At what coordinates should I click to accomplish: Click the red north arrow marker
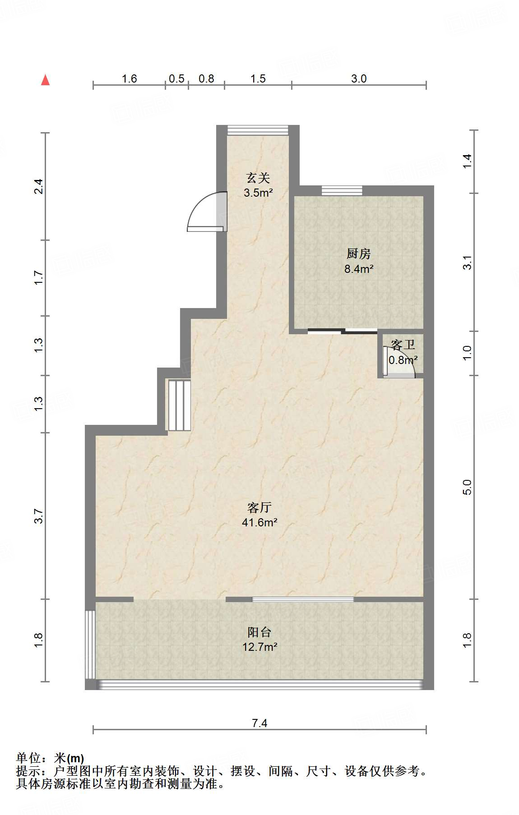(45, 80)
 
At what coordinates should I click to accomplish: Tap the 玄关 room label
(258, 178)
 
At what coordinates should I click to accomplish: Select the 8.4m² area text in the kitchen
(358, 269)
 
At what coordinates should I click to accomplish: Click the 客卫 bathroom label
(403, 345)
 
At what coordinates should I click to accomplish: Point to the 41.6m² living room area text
(259, 523)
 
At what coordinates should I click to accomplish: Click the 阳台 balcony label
(259, 632)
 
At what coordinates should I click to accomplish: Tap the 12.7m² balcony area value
(259, 647)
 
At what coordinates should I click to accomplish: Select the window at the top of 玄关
(257, 130)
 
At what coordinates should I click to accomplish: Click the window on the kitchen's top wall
(342, 191)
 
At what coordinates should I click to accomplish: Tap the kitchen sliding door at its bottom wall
(342, 332)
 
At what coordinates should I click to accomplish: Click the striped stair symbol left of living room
(180, 405)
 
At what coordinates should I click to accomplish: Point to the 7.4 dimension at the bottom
(259, 723)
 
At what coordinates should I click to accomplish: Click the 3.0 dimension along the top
(359, 79)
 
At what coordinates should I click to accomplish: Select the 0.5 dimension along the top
(176, 79)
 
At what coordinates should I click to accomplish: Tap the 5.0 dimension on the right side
(467, 487)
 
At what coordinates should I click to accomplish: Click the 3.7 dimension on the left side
(39, 516)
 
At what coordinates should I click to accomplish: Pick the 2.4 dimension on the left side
(39, 186)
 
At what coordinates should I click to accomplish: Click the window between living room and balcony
(302, 599)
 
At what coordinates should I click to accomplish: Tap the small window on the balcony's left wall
(90, 645)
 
